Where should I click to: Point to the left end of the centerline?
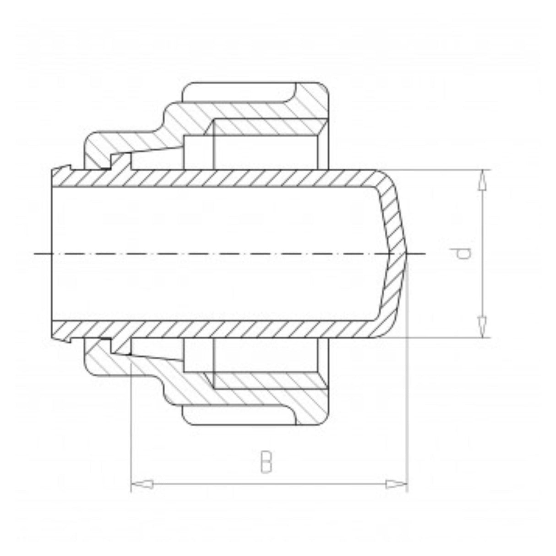point(34,254)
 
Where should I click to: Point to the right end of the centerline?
point(425,254)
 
